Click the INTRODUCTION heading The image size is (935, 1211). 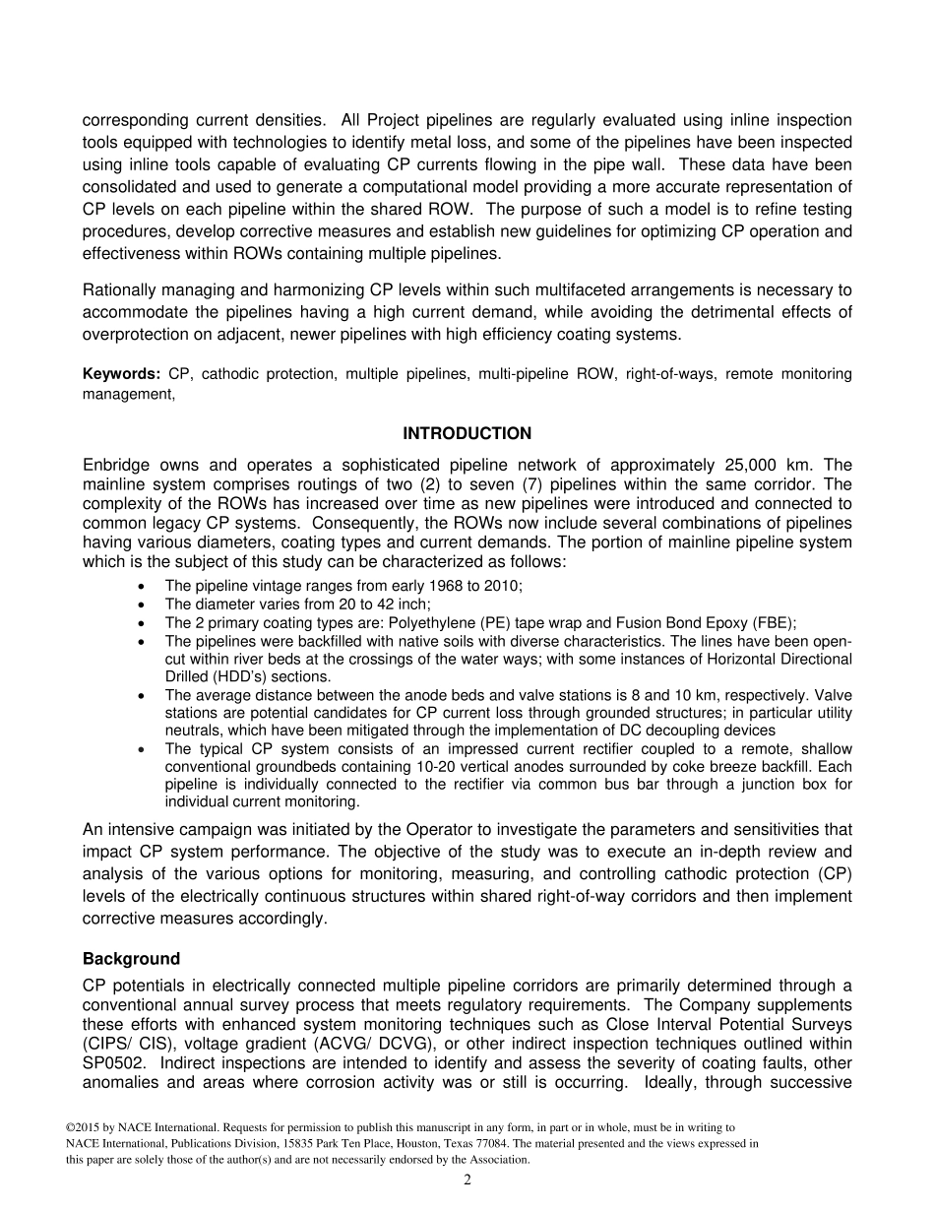tap(467, 433)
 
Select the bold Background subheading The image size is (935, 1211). tap(131, 958)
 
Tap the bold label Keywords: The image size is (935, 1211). tap(121, 374)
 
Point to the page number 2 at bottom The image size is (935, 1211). tap(467, 1180)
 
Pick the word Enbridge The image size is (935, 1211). tap(116, 465)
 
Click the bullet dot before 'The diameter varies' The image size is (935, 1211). tap(144, 605)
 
